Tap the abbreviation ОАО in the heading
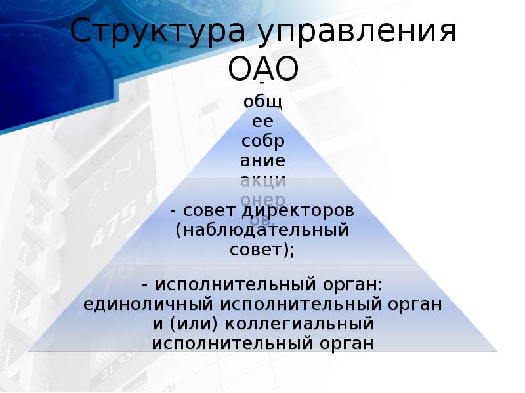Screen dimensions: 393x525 (x=263, y=68)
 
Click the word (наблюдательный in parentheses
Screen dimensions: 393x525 (x=262, y=231)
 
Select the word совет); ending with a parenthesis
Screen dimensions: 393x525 (x=262, y=250)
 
